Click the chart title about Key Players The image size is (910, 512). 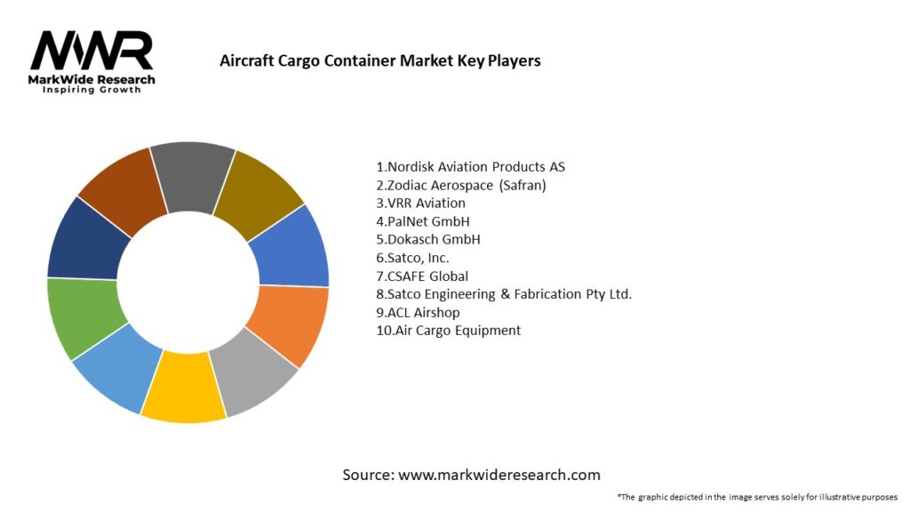379,61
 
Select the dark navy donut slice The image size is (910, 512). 83,239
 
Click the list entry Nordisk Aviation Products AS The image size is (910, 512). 471,167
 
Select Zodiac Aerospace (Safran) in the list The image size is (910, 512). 461,186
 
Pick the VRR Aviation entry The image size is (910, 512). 420,204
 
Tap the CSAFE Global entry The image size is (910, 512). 422,276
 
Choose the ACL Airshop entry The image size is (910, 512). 418,312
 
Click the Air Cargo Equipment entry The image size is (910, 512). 449,331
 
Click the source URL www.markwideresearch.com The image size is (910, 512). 499,475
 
